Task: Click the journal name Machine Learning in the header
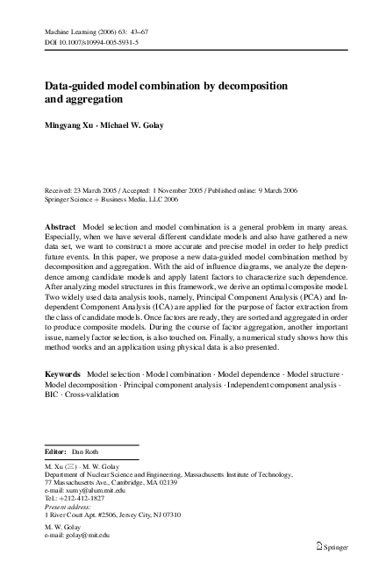click(x=70, y=30)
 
